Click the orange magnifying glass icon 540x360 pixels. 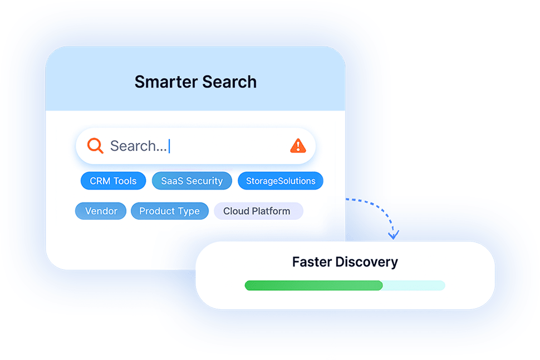pos(95,146)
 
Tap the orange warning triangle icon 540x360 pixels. pos(298,146)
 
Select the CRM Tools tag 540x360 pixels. pos(113,181)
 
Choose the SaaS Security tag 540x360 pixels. pos(192,181)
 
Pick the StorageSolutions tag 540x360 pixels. pos(281,181)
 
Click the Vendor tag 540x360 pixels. pos(101,211)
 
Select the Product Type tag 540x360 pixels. pos(169,211)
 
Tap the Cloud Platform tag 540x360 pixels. pos(257,211)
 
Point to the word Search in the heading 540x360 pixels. pos(229,82)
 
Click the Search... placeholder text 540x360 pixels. pos(138,146)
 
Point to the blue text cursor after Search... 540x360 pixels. pos(169,146)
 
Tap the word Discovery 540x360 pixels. pos(370,262)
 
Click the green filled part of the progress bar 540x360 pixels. pos(313,285)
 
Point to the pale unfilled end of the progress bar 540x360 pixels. pos(414,285)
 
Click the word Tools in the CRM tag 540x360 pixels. pos(125,181)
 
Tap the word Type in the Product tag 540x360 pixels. pos(188,211)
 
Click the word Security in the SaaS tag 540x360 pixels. pos(203,181)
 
